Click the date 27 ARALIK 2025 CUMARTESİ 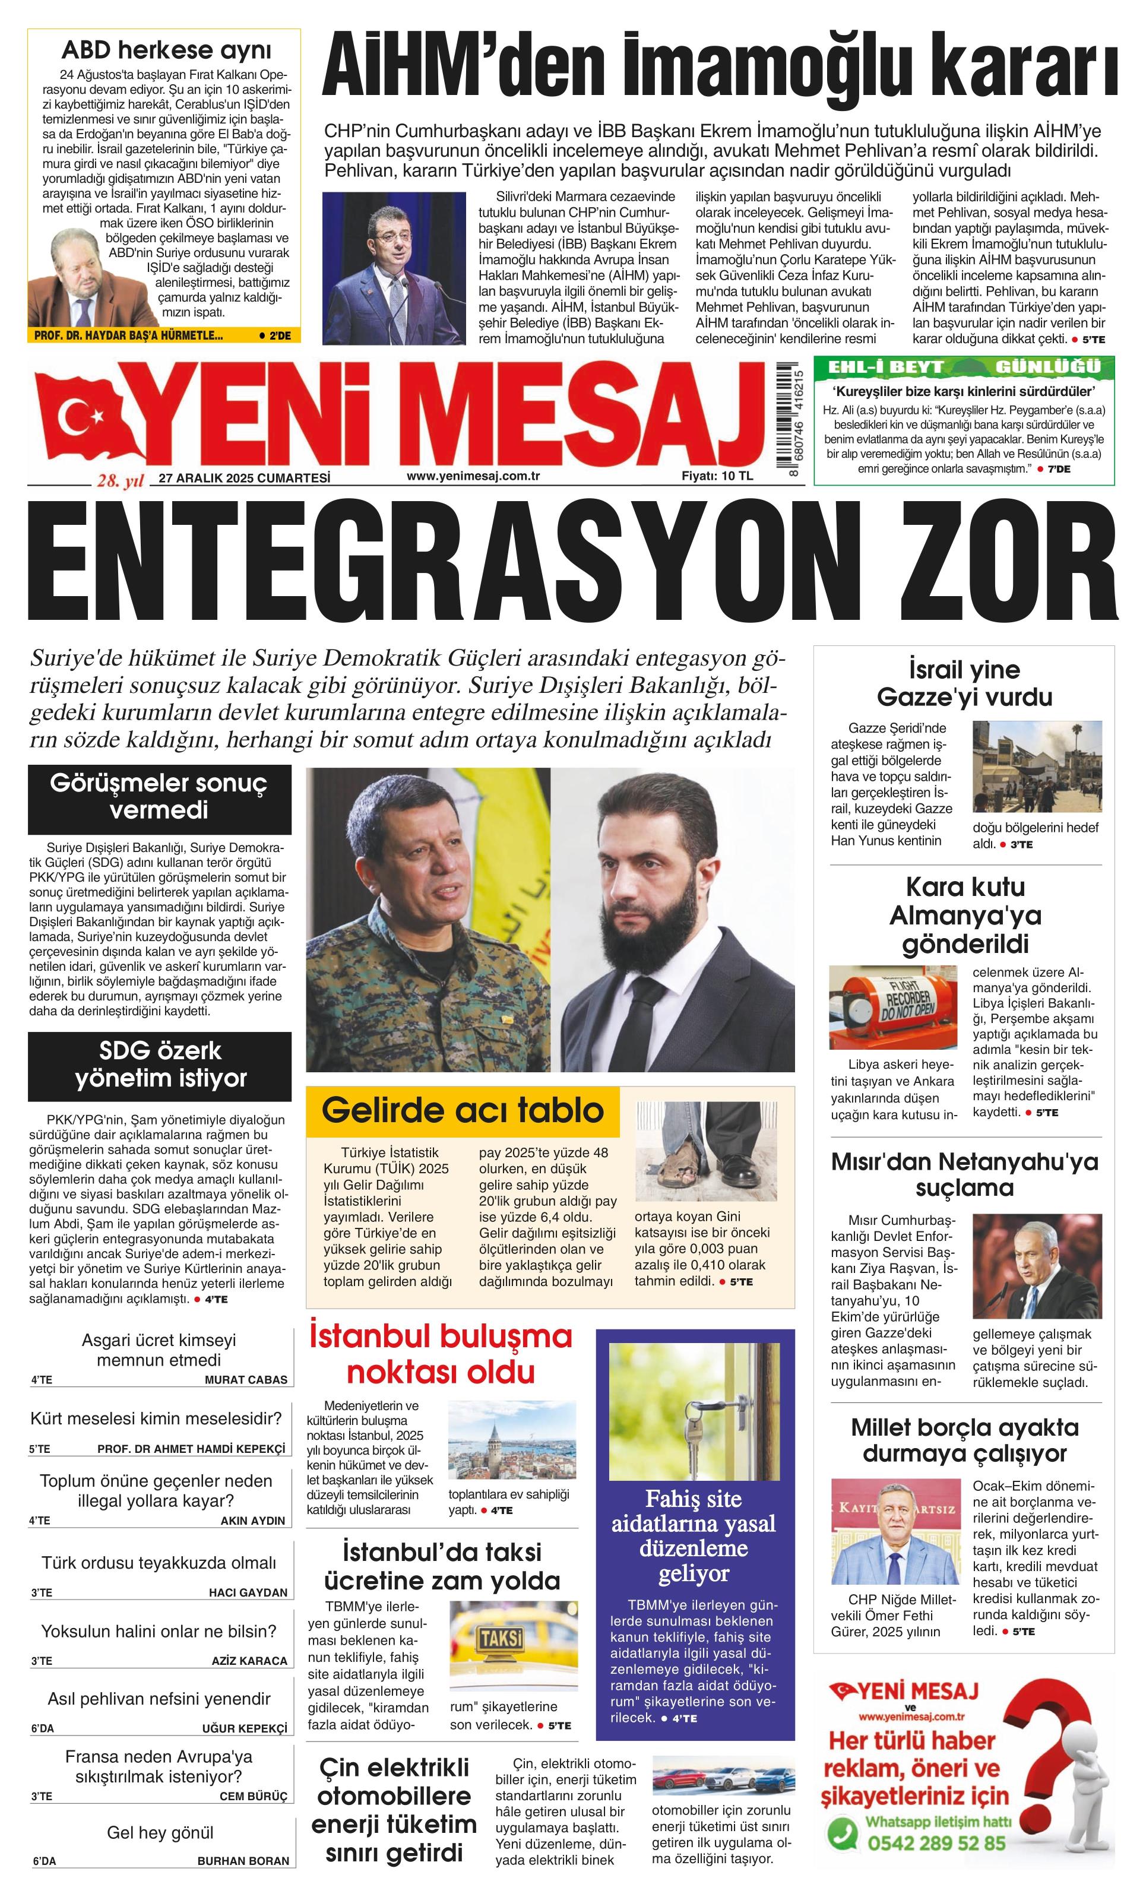(244, 477)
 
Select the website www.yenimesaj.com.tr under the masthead (473, 476)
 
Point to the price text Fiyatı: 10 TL (717, 476)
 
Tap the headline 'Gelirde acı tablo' (463, 1110)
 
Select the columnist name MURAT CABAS (246, 1380)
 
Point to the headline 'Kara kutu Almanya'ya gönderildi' (965, 914)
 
